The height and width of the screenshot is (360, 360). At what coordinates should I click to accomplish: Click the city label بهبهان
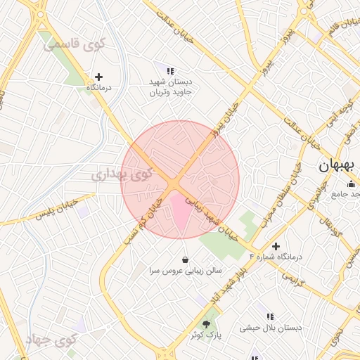pyautogui.click(x=335, y=167)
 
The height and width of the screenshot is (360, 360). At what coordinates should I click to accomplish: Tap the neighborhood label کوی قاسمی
pyautogui.click(x=74, y=45)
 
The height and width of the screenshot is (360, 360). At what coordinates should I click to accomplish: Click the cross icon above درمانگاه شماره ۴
pyautogui.click(x=276, y=247)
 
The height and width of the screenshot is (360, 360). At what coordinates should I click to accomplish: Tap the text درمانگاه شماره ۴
pyautogui.click(x=276, y=257)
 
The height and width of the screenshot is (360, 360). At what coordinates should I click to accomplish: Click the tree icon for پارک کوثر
pyautogui.click(x=206, y=324)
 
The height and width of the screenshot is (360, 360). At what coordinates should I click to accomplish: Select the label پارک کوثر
pyautogui.click(x=206, y=335)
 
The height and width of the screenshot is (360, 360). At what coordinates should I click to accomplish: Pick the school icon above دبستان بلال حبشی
pyautogui.click(x=270, y=316)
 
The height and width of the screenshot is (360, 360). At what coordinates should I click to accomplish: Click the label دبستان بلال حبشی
pyautogui.click(x=270, y=328)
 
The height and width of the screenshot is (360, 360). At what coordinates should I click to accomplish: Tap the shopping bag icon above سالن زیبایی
pyautogui.click(x=185, y=259)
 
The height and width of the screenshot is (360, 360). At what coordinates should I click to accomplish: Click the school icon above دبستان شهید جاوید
pyautogui.click(x=170, y=71)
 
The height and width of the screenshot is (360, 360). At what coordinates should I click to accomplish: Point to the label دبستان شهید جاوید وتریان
pyautogui.click(x=170, y=86)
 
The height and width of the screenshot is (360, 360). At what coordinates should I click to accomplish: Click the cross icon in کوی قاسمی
pyautogui.click(x=98, y=77)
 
